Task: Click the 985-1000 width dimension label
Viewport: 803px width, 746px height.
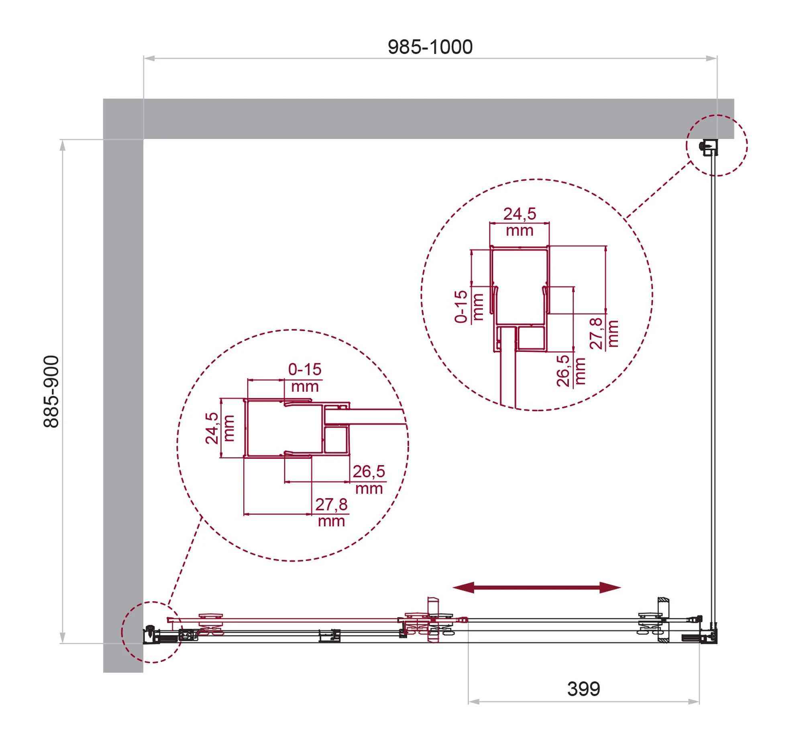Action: tap(430, 47)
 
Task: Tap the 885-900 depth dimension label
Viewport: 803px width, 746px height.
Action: tap(52, 391)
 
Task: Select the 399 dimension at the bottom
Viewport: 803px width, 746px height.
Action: tap(583, 689)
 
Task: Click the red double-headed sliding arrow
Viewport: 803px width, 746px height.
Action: tap(536, 587)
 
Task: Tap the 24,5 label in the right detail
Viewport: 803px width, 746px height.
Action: tap(519, 214)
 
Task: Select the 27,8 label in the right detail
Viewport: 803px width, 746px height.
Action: tap(596, 333)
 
